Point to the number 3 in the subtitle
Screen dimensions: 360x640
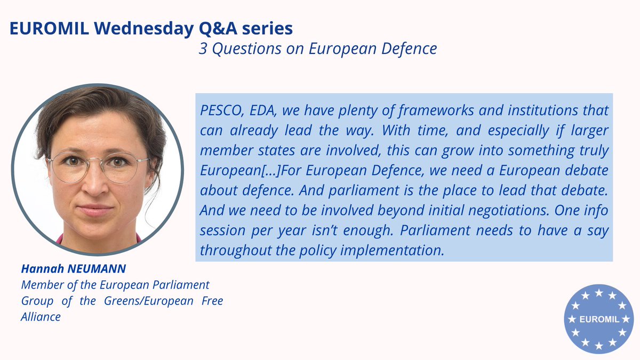203,49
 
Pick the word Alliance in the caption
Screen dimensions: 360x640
41,316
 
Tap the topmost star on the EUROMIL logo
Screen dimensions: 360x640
598,293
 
